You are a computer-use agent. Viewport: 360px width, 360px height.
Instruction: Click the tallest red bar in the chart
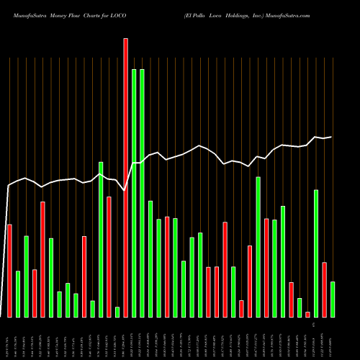click(125, 177)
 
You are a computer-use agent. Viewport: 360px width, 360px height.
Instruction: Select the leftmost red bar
click(9, 271)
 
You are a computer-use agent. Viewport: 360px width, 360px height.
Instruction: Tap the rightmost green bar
click(333, 299)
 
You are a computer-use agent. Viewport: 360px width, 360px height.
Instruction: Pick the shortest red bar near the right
click(307, 314)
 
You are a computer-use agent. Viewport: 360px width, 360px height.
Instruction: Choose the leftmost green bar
click(18, 294)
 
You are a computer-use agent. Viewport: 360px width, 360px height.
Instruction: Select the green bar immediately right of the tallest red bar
click(134, 193)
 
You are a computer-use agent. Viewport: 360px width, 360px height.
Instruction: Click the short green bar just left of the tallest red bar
click(117, 312)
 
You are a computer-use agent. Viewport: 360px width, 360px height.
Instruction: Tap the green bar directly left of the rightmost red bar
click(316, 253)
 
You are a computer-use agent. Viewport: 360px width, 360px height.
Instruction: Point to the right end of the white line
click(332, 137)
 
